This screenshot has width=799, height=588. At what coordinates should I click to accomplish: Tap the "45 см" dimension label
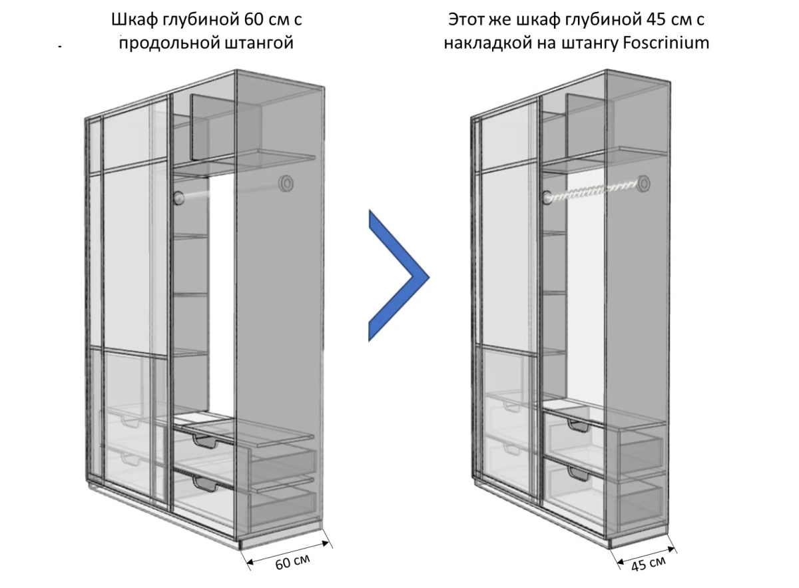point(648,564)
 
